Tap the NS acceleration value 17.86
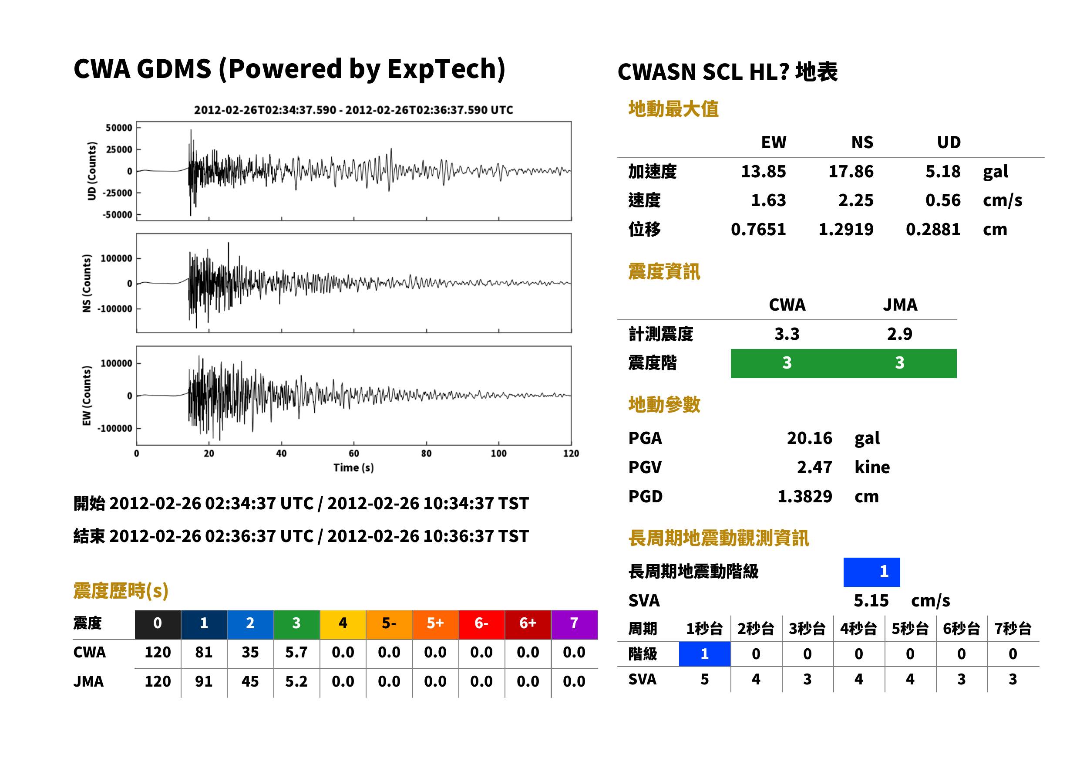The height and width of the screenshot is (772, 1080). pyautogui.click(x=851, y=171)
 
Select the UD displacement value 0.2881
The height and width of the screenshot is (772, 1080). pyautogui.click(x=933, y=229)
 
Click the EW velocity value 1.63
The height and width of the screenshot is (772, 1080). pyautogui.click(x=768, y=200)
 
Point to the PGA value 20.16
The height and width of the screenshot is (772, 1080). pyautogui.click(x=809, y=438)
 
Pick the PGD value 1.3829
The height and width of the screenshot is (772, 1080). pyautogui.click(x=804, y=496)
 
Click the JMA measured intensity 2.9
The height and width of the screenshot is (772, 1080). pyautogui.click(x=899, y=334)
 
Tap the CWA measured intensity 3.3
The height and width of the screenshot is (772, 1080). pyautogui.click(x=787, y=334)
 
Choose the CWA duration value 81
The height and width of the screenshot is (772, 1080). pyautogui.click(x=204, y=652)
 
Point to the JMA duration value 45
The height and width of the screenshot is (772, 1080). pyautogui.click(x=250, y=681)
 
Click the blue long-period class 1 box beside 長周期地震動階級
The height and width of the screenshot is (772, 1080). pyautogui.click(x=871, y=572)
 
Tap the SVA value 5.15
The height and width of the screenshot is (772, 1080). pyautogui.click(x=871, y=600)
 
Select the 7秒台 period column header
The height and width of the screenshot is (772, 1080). pyautogui.click(x=1013, y=628)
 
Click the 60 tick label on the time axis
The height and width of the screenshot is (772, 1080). pyautogui.click(x=354, y=454)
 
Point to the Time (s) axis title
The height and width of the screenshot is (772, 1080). pyautogui.click(x=353, y=468)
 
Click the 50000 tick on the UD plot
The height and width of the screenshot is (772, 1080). pyautogui.click(x=119, y=128)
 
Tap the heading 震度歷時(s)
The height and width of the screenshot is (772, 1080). pyautogui.click(x=121, y=591)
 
